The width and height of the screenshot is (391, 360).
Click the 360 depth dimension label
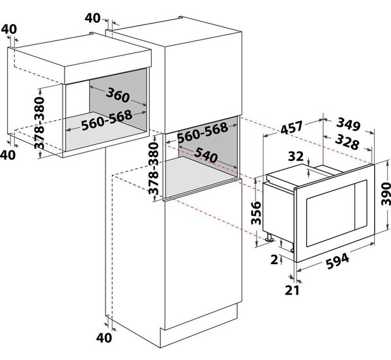pos(118,95)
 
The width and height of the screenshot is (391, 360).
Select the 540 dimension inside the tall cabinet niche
pos(205,155)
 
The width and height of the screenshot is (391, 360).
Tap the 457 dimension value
pos(291,127)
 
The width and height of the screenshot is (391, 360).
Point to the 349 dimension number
pos(348,125)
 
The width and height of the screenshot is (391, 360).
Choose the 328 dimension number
pos(347,142)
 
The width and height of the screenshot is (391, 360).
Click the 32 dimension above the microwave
pos(296,157)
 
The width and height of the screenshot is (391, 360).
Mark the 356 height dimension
pos(256,213)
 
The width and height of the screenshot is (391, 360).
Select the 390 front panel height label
pos(386,193)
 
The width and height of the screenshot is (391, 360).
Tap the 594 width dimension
pos(338,261)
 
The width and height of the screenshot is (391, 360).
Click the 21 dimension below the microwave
pos(292,290)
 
